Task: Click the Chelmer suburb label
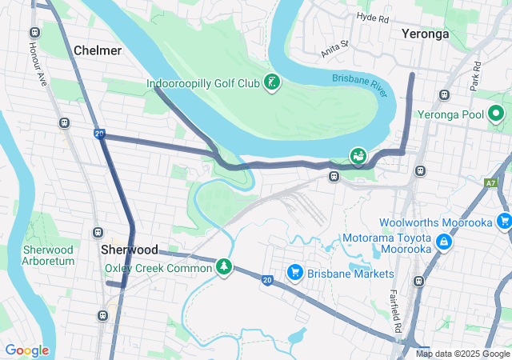(98, 50)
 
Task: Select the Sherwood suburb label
(130, 250)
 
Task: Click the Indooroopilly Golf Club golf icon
(272, 82)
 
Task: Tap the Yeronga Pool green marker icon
(496, 114)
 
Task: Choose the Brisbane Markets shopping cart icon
(294, 273)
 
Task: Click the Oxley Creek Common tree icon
(226, 267)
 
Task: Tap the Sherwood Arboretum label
(48, 255)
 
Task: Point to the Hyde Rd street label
(372, 17)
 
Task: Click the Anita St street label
(335, 49)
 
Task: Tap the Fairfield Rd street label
(394, 311)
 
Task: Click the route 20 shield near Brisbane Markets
(266, 279)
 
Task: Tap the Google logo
(26, 350)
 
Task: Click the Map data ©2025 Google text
(462, 354)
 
